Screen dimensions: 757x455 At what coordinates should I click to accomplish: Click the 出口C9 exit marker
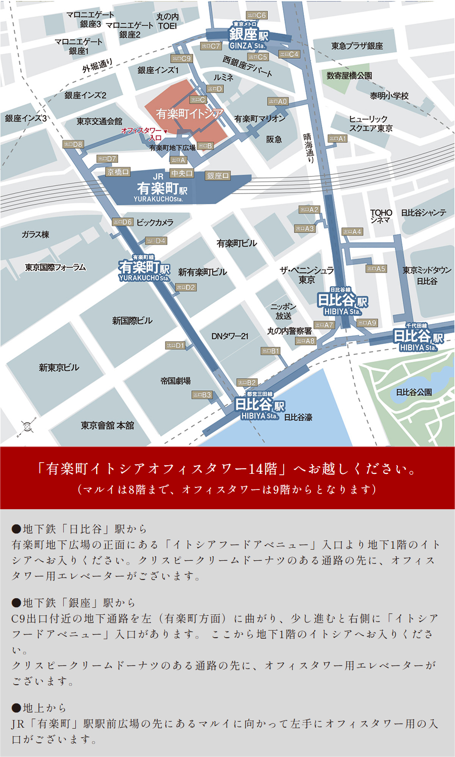[181, 59]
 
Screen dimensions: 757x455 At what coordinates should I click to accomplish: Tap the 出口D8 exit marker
[73, 145]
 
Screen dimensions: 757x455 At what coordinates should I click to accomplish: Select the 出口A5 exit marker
[376, 269]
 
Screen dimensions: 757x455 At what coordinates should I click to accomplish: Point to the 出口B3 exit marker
[202, 395]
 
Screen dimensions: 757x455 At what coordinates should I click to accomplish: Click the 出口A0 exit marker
[278, 102]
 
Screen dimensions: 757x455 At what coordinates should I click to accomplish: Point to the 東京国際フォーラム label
[56, 268]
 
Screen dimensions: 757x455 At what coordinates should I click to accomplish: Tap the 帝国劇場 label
[175, 381]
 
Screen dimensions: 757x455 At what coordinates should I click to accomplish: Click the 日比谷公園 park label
[414, 392]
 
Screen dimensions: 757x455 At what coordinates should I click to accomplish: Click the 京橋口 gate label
[118, 172]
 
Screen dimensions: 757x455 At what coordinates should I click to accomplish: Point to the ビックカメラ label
[155, 222]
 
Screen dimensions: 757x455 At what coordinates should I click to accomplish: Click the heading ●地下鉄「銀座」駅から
[74, 603]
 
